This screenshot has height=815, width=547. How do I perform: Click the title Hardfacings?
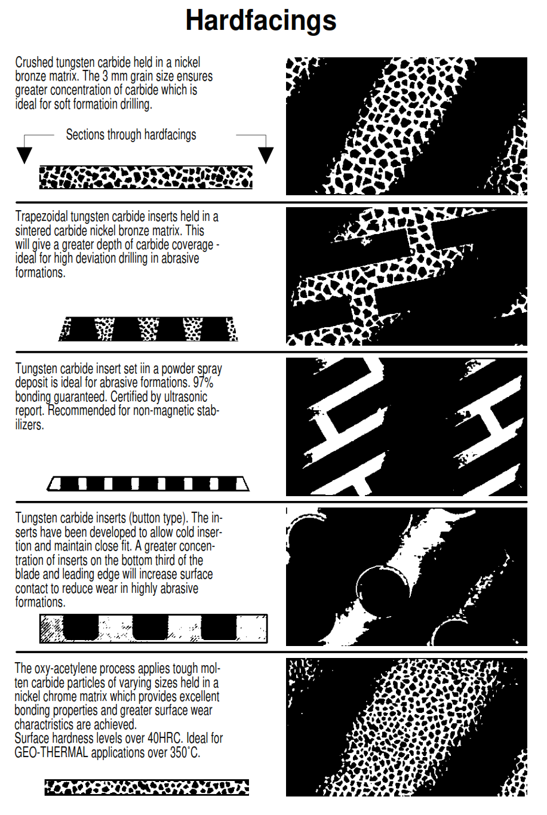261,20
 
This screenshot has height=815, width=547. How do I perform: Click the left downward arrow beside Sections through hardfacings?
24,154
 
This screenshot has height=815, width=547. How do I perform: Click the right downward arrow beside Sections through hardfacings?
265,154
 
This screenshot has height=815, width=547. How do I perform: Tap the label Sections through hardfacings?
131,135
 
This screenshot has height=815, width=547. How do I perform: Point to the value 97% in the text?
203,383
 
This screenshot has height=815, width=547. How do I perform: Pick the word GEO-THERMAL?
51,752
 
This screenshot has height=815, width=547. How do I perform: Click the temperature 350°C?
185,752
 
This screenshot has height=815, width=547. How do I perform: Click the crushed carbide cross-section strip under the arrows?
146,177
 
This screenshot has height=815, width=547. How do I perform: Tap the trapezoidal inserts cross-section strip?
148,329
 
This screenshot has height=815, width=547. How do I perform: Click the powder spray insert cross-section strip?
148,483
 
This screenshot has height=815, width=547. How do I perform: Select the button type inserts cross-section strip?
153,629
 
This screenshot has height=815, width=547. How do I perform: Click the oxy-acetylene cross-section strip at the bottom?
147,787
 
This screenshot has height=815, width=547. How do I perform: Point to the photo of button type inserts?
406,577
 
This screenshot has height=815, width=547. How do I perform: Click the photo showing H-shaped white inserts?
406,426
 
